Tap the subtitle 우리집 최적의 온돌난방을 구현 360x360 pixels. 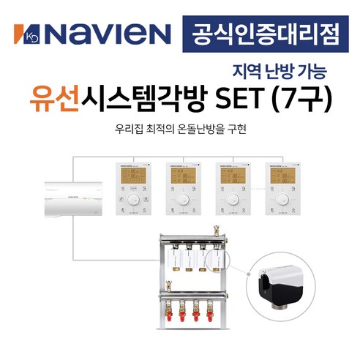click(180, 130)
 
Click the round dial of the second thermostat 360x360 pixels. click(183, 198)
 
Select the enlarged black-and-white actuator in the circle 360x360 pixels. click(282, 281)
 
